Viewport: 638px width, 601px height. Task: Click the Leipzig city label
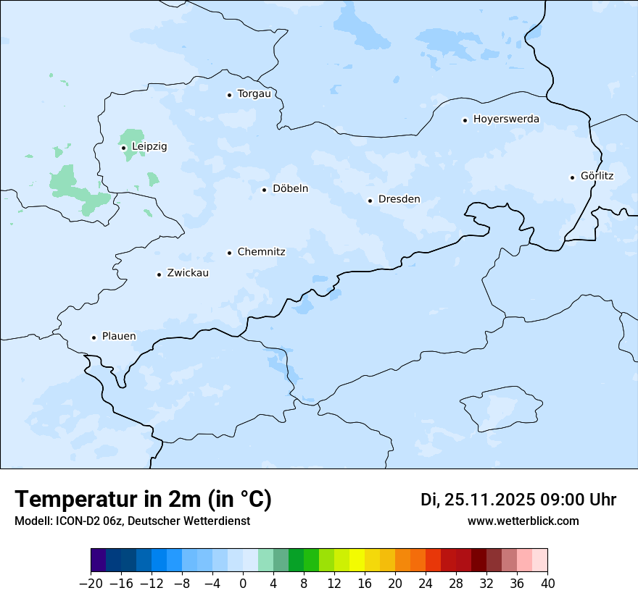[x=149, y=147]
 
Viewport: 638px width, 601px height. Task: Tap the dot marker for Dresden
[x=370, y=201]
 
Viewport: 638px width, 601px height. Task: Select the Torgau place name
[x=254, y=94]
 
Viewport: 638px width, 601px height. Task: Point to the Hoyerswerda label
[x=506, y=119]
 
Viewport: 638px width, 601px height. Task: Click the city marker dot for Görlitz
[x=572, y=177]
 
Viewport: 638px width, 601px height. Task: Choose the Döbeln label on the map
[x=290, y=189]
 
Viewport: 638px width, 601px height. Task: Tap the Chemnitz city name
[x=261, y=252]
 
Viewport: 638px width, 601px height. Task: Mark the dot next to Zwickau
[x=159, y=274]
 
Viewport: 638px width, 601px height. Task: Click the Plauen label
[x=118, y=337]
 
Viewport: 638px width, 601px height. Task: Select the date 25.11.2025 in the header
[x=489, y=500]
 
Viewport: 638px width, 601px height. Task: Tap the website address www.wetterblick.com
[x=523, y=521]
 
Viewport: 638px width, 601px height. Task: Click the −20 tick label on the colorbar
[x=91, y=584]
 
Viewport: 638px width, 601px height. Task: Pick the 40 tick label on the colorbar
[x=547, y=584]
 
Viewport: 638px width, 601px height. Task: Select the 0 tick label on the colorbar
[x=243, y=584]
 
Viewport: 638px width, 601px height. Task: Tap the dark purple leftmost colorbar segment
[x=98, y=560]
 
